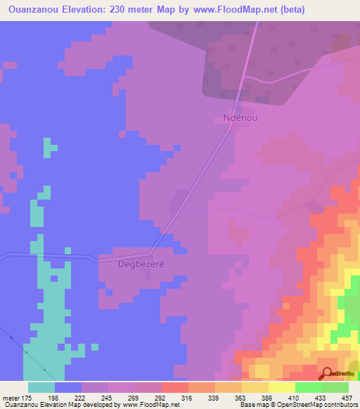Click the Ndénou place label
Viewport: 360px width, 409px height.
236,118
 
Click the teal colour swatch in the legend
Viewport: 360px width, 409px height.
41,387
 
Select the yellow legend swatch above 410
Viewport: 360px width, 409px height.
281,387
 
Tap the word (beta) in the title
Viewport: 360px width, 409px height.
340,11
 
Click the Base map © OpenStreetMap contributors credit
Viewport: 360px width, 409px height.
297,405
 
